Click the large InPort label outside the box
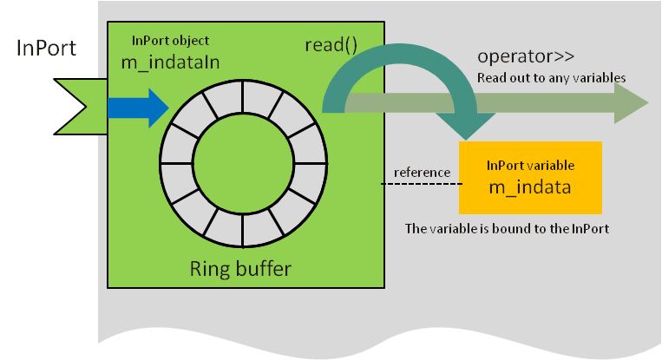[x=46, y=48]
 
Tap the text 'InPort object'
[x=170, y=41]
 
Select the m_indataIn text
[x=170, y=62]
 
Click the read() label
[x=331, y=45]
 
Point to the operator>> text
[x=526, y=56]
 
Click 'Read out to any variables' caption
[x=552, y=78]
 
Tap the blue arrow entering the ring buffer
[x=138, y=108]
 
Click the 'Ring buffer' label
[x=240, y=268]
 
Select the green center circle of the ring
[x=243, y=163]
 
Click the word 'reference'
[x=422, y=172]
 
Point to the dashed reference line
[x=422, y=184]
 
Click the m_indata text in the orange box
[x=530, y=187]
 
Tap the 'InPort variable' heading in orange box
[x=530, y=165]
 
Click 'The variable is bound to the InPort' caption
[x=507, y=228]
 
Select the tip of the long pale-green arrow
[x=648, y=102]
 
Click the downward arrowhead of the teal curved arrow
[x=466, y=126]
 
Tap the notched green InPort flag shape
[x=81, y=107]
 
